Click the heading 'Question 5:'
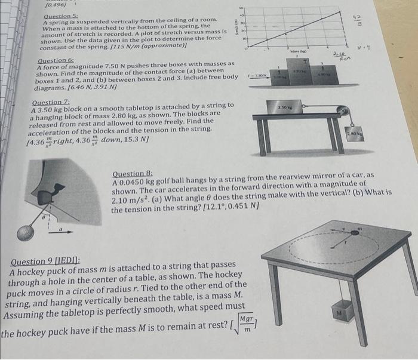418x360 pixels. pyautogui.click(x=58, y=16)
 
